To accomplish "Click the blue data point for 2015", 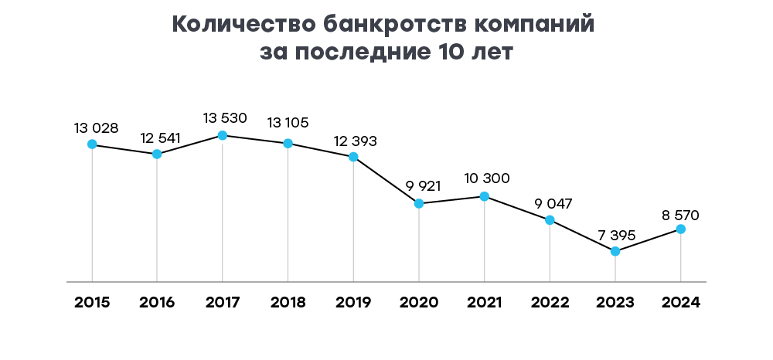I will click(x=92, y=144).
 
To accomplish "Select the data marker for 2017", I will click(x=223, y=135).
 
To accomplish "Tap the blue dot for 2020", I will click(x=419, y=204).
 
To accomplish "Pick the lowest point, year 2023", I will click(x=615, y=252).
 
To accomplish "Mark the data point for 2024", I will click(x=681, y=229).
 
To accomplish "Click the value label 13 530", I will click(x=225, y=118).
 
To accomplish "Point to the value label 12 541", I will click(x=161, y=138).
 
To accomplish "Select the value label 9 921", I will click(x=421, y=186).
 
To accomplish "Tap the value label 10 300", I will click(x=487, y=178).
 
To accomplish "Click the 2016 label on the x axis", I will click(x=158, y=302).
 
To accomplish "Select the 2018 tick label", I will click(x=288, y=302).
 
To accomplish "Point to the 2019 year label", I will click(x=353, y=302).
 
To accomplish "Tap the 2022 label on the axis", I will click(x=550, y=302).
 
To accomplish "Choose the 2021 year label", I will click(x=485, y=302).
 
